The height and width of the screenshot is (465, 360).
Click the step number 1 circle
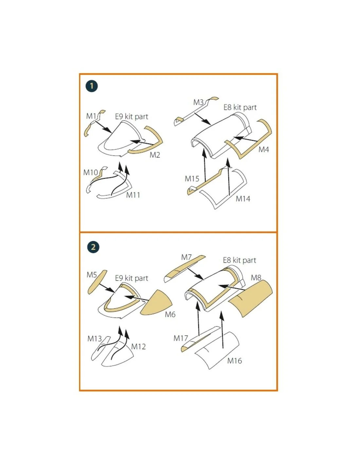pos(91,86)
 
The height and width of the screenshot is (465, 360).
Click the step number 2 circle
pos(93,247)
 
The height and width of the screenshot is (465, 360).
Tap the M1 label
pos(91,116)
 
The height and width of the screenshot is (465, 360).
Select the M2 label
pos(155,155)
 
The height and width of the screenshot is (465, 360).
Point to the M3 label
pos(198,102)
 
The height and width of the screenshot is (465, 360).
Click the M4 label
pos(264,149)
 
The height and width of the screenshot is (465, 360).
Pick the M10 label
pos(90,172)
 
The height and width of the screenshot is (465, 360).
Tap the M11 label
pos(133,195)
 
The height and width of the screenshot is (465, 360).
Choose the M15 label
pos(192,179)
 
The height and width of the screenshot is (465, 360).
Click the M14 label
pos(243,199)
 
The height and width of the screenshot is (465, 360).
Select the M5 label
pos(92,275)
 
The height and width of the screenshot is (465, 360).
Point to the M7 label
pos(186,257)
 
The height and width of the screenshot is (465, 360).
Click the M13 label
pos(95,338)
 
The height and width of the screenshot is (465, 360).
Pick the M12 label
pos(138,346)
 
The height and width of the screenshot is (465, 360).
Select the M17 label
pos(181,338)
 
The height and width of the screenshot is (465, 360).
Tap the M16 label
pos(235,361)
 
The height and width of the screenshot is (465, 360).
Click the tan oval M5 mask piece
pos(98,282)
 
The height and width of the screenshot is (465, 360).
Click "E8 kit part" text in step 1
pos(240,107)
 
